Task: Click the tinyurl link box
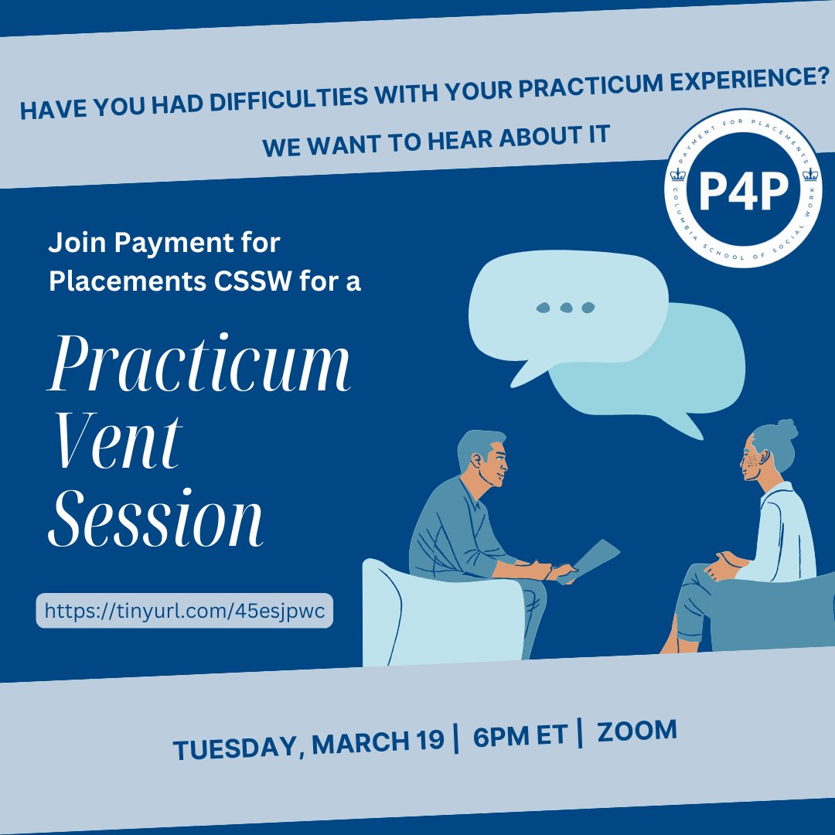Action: coord(184,611)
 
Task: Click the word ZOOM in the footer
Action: coord(637,731)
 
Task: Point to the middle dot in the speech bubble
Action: coord(567,308)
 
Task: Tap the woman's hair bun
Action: coord(786,429)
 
